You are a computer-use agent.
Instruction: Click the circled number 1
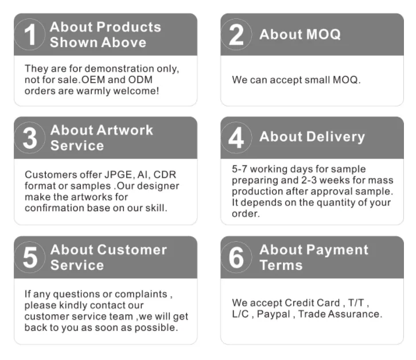click(30, 34)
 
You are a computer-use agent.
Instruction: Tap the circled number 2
click(236, 34)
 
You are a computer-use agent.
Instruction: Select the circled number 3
click(30, 138)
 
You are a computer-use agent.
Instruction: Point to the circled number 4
click(236, 138)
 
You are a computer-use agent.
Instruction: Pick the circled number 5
click(30, 257)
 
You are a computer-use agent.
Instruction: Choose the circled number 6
click(236, 257)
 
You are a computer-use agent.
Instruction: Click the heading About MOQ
click(300, 34)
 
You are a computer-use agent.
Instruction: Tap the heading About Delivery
click(312, 137)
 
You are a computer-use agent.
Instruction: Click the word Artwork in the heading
click(125, 130)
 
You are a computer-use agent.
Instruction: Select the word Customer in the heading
click(132, 250)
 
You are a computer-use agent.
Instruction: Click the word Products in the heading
click(129, 27)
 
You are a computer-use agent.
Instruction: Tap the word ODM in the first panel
click(141, 80)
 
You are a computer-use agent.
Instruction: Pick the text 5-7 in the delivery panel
click(240, 169)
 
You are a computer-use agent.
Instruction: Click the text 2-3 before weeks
click(309, 180)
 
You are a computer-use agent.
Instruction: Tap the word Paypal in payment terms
click(274, 314)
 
